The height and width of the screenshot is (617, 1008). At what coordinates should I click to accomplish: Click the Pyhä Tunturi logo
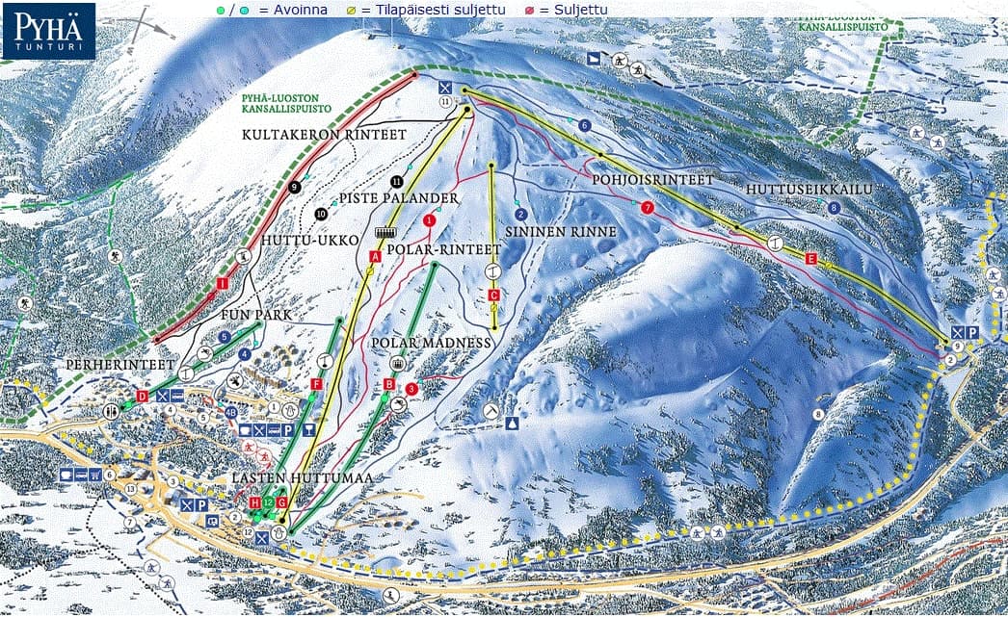[x=48, y=31]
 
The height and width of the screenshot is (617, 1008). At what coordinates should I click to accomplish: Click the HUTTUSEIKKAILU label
[x=809, y=190]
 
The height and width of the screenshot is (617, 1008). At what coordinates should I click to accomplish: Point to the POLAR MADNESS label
[x=431, y=344]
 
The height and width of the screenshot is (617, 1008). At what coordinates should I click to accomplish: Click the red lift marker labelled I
[x=222, y=283]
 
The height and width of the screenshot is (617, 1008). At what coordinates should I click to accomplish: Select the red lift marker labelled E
[x=810, y=259]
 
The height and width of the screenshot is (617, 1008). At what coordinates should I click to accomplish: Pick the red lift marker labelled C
[x=493, y=295]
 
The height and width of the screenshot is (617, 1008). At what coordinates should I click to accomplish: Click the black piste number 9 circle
[x=294, y=187]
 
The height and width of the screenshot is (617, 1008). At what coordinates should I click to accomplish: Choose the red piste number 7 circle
[x=647, y=207]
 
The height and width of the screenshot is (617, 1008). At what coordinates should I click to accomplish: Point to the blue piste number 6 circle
[x=584, y=125]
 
